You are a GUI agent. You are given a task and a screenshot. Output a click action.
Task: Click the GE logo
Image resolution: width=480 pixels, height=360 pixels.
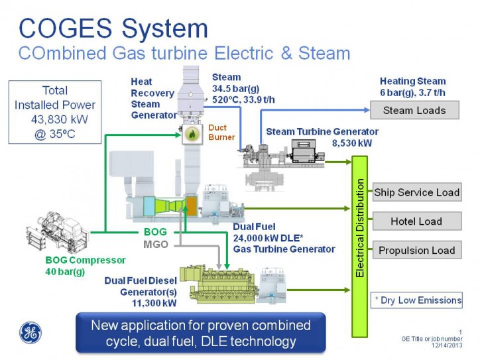[x=30, y=331]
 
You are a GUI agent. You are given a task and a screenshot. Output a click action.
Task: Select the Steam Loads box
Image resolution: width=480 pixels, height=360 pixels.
[x=414, y=110]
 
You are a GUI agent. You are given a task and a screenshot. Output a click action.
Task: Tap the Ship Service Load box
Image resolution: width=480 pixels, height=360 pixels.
[x=416, y=192]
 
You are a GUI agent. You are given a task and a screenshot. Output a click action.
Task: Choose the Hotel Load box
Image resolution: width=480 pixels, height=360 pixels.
[x=416, y=221]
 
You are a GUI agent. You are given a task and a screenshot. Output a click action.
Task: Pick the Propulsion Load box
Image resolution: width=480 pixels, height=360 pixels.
[x=416, y=250]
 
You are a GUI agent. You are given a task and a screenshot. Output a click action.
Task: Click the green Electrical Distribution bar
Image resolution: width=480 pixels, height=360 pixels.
[x=359, y=246]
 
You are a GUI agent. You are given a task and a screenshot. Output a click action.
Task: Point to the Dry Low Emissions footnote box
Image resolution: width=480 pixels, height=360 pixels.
[x=416, y=300]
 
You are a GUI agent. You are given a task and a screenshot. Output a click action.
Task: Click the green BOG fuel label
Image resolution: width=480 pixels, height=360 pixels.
[x=154, y=233]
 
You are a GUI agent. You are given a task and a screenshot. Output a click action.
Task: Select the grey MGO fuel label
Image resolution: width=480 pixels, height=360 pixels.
[x=155, y=245]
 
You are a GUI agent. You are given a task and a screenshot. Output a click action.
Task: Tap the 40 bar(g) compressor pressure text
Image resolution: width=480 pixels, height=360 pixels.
[x=57, y=272]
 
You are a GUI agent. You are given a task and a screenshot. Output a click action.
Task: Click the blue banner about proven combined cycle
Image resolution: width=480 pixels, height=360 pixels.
[x=200, y=333]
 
